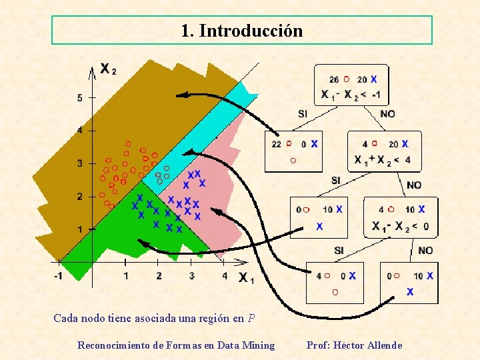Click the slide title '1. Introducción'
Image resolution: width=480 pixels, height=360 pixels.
tap(241, 31)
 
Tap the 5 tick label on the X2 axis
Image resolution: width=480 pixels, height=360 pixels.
tap(79, 98)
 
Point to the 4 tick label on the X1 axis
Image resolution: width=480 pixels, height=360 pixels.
tap(224, 275)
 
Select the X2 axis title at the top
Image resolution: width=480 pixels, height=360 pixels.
tap(107, 68)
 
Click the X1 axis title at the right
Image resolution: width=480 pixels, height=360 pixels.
tap(246, 277)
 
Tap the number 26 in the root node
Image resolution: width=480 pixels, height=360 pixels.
tap(333, 79)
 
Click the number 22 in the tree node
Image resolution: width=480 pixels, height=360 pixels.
tap(277, 143)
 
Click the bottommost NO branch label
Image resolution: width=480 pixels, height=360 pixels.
tap(425, 251)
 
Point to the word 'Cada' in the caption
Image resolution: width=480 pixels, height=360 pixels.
tap(65, 318)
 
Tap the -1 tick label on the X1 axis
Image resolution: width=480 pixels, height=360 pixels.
tap(59, 275)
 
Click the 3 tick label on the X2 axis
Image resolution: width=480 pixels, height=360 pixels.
tap(79, 163)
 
